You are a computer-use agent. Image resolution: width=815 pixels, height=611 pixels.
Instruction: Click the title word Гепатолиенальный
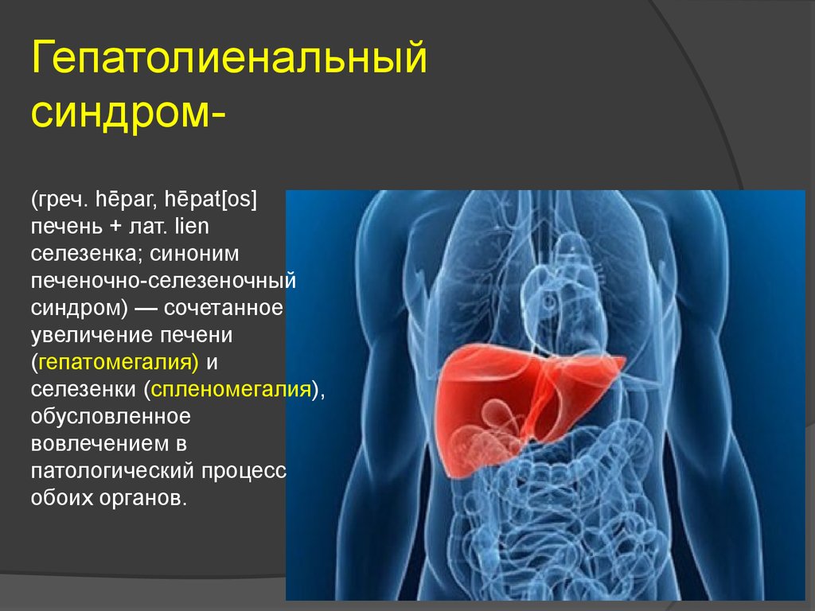coord(229,62)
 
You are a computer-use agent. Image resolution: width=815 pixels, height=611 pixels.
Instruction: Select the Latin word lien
coord(189,228)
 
